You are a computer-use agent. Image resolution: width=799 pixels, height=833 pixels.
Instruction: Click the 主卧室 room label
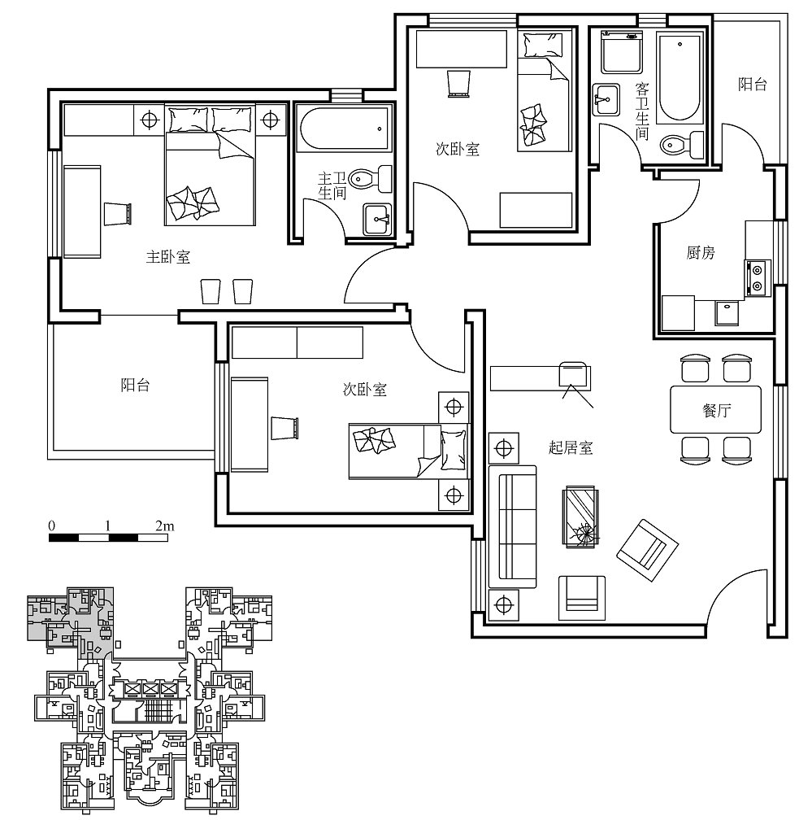click(167, 257)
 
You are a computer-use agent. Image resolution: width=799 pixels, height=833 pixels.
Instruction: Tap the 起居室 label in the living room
click(570, 448)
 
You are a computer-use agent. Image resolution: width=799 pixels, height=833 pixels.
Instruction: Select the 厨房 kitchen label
click(701, 252)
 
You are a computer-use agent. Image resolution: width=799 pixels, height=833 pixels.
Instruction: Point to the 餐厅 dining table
click(715, 410)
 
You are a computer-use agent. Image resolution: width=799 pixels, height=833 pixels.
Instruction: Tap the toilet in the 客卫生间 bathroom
click(682, 143)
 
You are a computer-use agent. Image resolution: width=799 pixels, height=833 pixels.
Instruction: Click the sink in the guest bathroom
click(606, 99)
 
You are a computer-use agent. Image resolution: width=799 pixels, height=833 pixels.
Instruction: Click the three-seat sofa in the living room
click(512, 526)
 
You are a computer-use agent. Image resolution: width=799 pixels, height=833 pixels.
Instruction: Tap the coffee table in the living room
click(581, 517)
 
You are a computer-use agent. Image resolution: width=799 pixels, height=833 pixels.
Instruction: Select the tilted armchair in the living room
click(647, 550)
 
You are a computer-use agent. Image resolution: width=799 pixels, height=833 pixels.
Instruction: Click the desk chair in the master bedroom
click(117, 214)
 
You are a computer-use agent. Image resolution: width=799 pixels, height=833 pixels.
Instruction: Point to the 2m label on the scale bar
click(164, 526)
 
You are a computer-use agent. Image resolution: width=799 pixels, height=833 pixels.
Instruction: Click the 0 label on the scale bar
click(51, 526)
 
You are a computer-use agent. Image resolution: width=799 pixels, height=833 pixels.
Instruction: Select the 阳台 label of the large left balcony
click(135, 385)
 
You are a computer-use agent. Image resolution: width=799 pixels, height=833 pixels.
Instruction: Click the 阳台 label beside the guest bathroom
click(753, 84)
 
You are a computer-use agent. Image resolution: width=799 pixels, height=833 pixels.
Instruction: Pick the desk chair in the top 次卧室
click(458, 84)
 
